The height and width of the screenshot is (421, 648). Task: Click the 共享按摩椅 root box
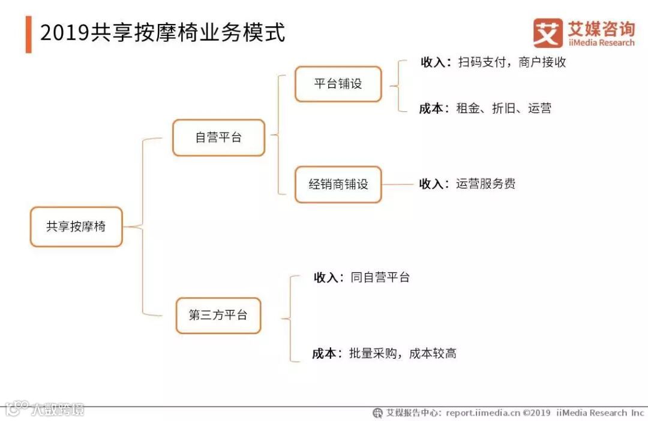pyautogui.click(x=76, y=227)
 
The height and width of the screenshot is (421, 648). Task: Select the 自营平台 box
pyautogui.click(x=218, y=138)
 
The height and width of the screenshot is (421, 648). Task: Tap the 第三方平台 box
pyautogui.click(x=218, y=316)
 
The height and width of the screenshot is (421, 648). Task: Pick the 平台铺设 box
pyautogui.click(x=338, y=84)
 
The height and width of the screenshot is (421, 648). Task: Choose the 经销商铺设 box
pyautogui.click(x=338, y=184)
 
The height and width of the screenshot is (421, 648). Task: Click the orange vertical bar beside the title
pyautogui.click(x=28, y=34)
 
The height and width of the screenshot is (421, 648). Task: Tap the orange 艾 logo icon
pyautogui.click(x=548, y=32)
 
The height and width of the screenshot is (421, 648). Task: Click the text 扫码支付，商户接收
pyautogui.click(x=512, y=62)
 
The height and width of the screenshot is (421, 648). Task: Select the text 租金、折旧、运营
pyautogui.click(x=503, y=108)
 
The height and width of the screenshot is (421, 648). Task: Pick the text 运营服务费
pyautogui.click(x=485, y=184)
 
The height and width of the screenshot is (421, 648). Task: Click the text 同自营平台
pyautogui.click(x=380, y=277)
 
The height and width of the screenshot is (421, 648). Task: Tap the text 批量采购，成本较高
pyautogui.click(x=403, y=353)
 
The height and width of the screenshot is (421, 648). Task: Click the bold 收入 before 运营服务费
pyautogui.click(x=431, y=184)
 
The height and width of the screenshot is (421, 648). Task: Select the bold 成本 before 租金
pyautogui.click(x=431, y=108)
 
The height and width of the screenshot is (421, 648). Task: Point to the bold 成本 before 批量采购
pyautogui.click(x=324, y=353)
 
